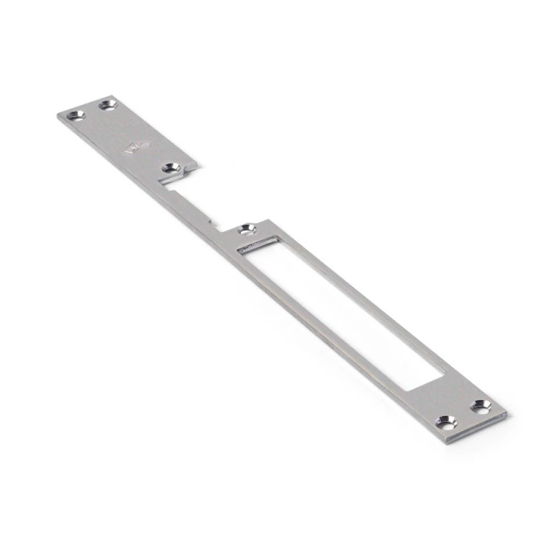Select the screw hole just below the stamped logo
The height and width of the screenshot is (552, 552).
tap(170, 167)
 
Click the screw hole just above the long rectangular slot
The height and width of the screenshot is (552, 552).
tap(246, 228)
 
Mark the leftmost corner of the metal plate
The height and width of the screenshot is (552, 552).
tap(57, 115)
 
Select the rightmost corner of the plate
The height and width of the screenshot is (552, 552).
tap(506, 414)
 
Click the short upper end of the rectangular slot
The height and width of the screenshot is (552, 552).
tap(258, 242)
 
